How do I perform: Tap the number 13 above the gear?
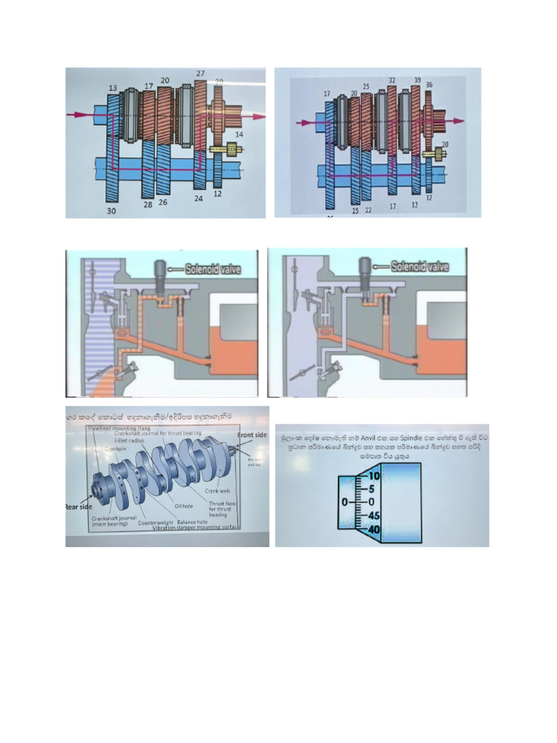coord(112,89)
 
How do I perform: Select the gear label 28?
coord(147,205)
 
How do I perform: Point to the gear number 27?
coord(200,73)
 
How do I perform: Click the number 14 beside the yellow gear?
coord(239,135)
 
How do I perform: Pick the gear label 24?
coord(198,197)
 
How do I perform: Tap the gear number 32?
coord(392,81)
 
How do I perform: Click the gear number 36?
coord(429,85)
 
